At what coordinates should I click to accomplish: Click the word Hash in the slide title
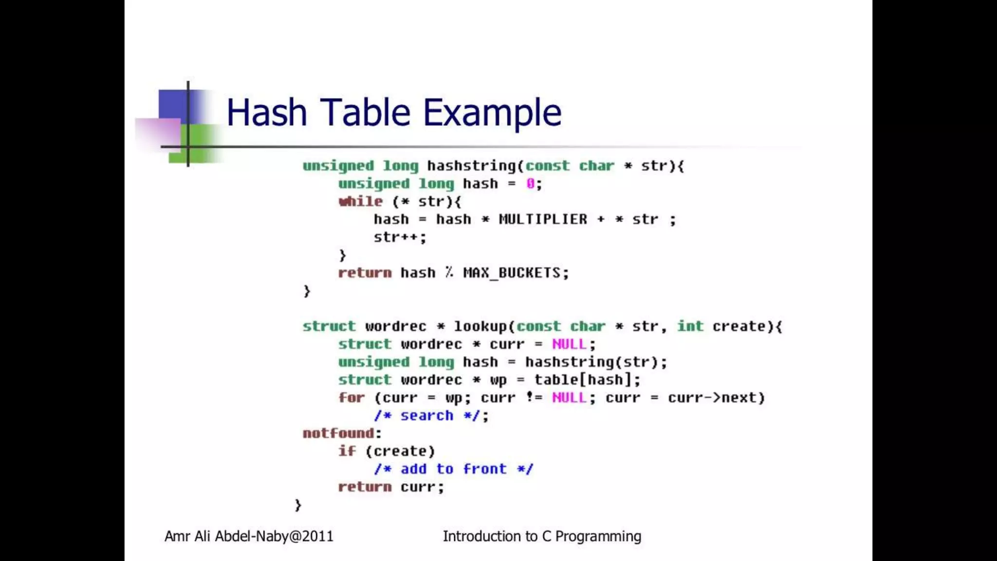pos(267,112)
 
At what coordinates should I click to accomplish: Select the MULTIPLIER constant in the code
pos(543,220)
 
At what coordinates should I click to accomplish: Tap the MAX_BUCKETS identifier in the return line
pos(512,273)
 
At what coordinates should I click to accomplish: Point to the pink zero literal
pos(530,184)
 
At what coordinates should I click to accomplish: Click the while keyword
pos(361,202)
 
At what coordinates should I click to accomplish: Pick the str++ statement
pos(399,237)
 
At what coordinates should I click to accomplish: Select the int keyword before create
pos(690,326)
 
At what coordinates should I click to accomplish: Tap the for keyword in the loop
pos(351,398)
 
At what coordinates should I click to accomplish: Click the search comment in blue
pos(427,416)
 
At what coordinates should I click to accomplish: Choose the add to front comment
pos(454,469)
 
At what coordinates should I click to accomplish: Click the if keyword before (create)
pos(347,451)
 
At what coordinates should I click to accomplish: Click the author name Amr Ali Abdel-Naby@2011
pos(249,536)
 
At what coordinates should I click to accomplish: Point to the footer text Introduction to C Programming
pos(542,536)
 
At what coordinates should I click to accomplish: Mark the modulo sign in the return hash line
pos(449,273)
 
